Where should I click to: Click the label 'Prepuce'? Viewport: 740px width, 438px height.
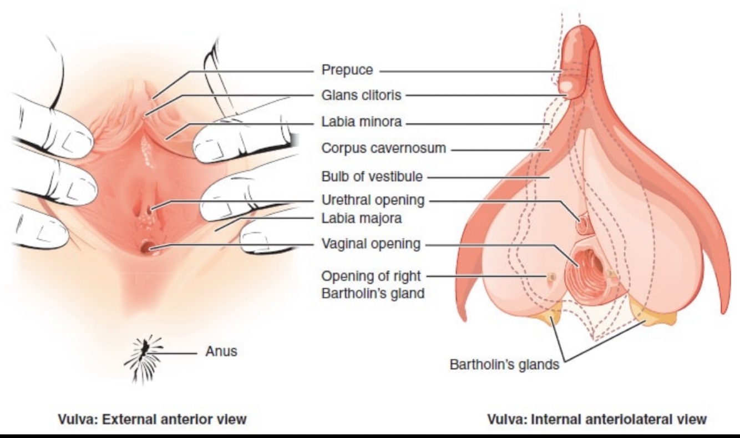(x=347, y=71)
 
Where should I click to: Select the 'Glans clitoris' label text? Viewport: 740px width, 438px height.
(x=361, y=95)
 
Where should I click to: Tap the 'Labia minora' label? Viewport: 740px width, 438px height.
(x=361, y=122)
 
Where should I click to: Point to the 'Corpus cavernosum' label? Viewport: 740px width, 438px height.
(x=384, y=148)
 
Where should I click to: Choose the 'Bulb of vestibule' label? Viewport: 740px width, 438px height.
(x=372, y=177)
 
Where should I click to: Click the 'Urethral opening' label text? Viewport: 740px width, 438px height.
(x=373, y=200)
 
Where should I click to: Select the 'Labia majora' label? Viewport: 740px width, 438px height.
(x=361, y=218)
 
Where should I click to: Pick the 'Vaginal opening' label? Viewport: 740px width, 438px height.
(x=371, y=244)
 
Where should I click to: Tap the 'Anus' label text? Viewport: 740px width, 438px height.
(x=221, y=351)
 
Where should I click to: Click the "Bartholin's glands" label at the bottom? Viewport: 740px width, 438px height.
(x=504, y=365)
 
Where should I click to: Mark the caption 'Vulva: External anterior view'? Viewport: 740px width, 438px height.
(x=151, y=419)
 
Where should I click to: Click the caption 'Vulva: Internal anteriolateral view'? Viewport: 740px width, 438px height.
(x=597, y=419)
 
